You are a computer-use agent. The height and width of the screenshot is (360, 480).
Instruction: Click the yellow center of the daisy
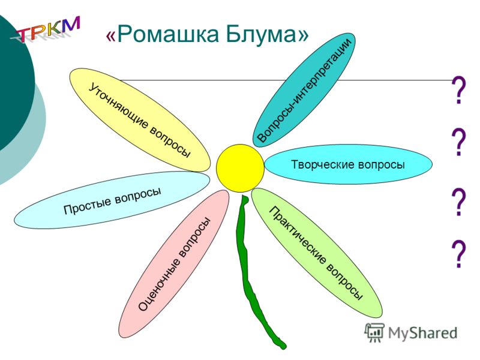pos(241,168)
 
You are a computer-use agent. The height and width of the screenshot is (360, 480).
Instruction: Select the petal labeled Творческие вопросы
pos(349,164)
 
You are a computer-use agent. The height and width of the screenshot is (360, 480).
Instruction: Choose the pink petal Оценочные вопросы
pos(174,264)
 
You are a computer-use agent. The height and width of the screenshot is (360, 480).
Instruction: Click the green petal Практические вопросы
pos(317,253)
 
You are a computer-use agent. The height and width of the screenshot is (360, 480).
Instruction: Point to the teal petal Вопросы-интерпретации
pos(304,90)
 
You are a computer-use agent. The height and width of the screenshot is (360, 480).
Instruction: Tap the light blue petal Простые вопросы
pos(112,200)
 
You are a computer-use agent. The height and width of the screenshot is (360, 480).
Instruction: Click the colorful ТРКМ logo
pos(46,29)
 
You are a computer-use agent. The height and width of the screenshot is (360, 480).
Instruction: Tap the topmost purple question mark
pos(458,90)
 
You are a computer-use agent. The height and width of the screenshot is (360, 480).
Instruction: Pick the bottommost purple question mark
pos(458,254)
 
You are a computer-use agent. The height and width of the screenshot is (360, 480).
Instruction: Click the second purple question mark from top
pos(458,142)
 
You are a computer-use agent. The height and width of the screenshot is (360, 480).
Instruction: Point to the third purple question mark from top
pos(458,202)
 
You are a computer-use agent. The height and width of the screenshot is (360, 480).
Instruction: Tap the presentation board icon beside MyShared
pos(374,332)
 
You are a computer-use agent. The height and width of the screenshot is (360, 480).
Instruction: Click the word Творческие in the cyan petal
pos(323,164)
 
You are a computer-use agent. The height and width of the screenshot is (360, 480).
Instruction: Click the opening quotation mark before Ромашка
pos(111,36)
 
